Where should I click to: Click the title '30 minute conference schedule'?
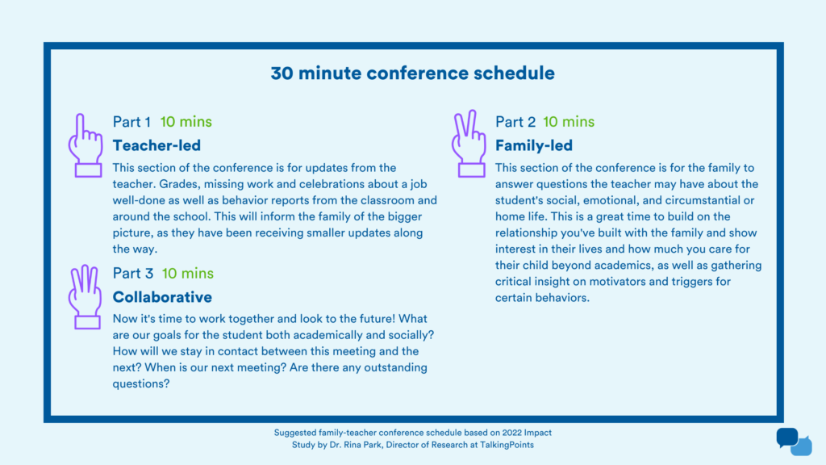point(412,73)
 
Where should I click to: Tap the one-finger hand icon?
point(85,146)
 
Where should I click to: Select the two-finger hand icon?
point(468,146)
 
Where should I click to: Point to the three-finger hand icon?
point(85,298)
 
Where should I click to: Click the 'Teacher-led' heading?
point(156,145)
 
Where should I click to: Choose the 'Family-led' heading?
point(533,145)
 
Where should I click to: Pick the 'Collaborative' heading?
point(162,297)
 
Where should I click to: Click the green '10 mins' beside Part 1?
point(186,122)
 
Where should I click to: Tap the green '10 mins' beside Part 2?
point(568,122)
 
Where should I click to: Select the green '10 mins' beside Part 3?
point(187,274)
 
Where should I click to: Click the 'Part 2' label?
point(515,122)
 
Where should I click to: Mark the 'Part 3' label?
point(132,274)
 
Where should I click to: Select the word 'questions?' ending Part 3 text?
point(140,383)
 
